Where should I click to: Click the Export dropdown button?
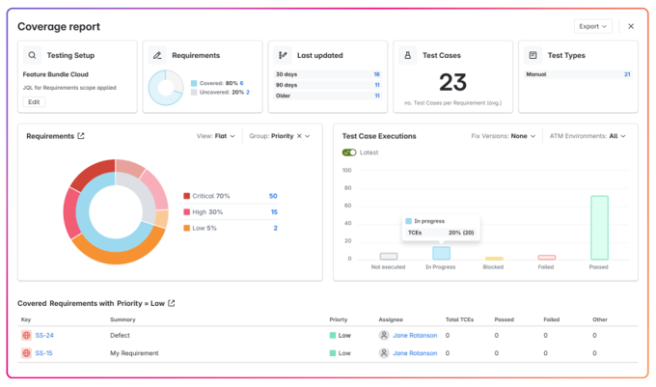point(592,26)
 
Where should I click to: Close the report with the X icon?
point(631,26)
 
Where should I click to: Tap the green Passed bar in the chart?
point(599,228)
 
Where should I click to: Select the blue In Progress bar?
point(441,254)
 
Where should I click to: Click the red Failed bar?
point(546,258)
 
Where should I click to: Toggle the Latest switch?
point(349,152)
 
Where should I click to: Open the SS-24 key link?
point(43,336)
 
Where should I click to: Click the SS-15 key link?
point(43,353)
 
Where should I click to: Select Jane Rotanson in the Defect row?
point(414,336)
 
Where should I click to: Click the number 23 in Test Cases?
point(452,84)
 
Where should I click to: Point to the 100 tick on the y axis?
point(347,170)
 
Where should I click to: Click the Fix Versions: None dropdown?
point(505,136)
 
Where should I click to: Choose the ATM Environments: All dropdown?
point(587,136)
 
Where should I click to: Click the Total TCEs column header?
point(458,318)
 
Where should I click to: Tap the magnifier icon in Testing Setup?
point(33,56)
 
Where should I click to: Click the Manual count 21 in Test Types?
point(627,74)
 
